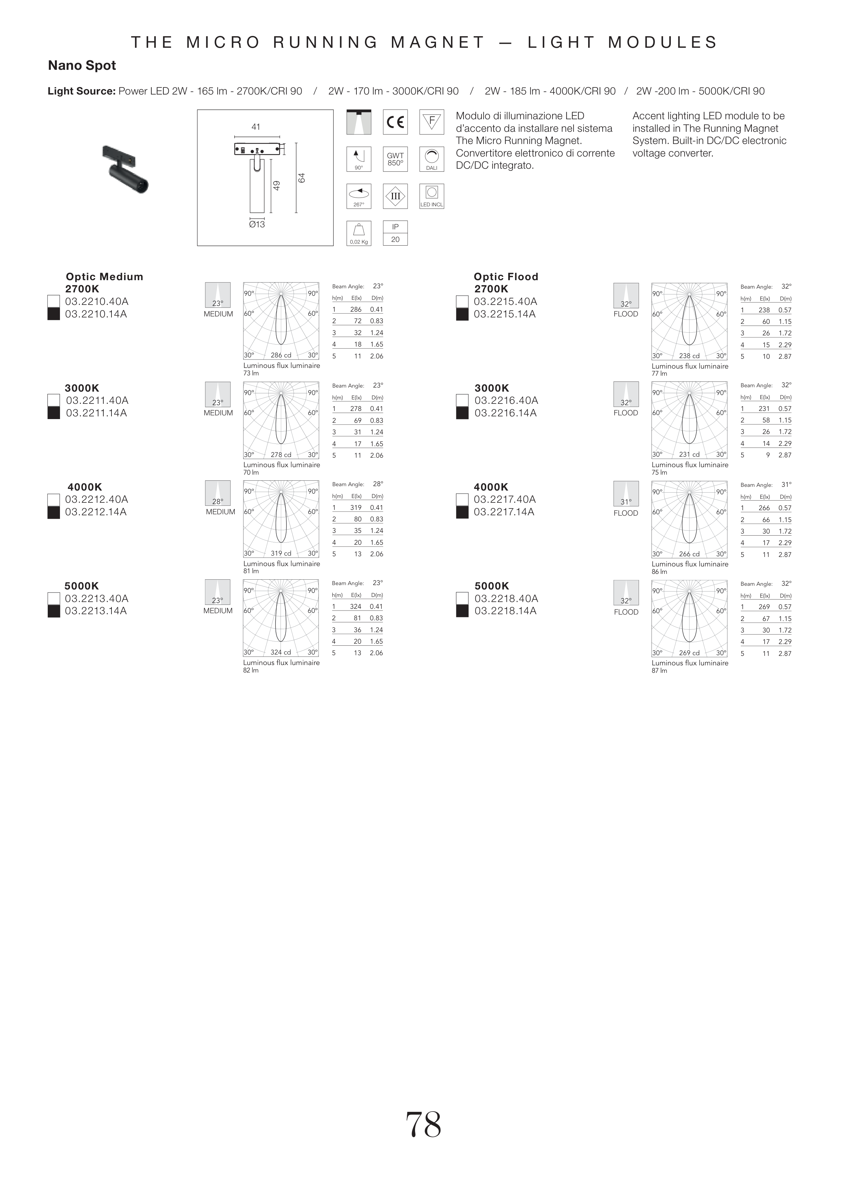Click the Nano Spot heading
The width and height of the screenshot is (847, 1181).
click(82, 66)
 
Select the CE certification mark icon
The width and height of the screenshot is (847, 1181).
click(395, 122)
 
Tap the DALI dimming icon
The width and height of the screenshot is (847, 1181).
click(432, 159)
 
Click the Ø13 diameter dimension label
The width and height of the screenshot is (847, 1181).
click(257, 224)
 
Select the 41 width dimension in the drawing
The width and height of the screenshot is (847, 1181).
click(255, 127)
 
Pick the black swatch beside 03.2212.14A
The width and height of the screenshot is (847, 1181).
click(54, 512)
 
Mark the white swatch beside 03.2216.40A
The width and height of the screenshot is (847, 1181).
click(462, 400)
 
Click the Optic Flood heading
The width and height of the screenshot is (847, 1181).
click(505, 276)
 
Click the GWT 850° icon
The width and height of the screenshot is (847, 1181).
click(395, 159)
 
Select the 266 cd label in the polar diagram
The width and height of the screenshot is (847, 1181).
click(689, 554)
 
